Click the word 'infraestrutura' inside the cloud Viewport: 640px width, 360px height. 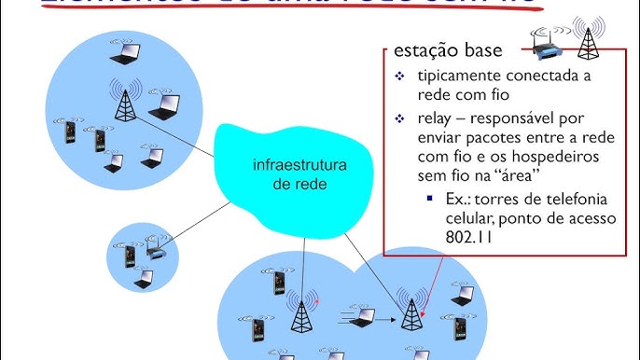point(300,166)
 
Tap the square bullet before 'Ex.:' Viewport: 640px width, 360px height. point(428,199)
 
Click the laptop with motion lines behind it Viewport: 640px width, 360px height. point(360,316)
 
